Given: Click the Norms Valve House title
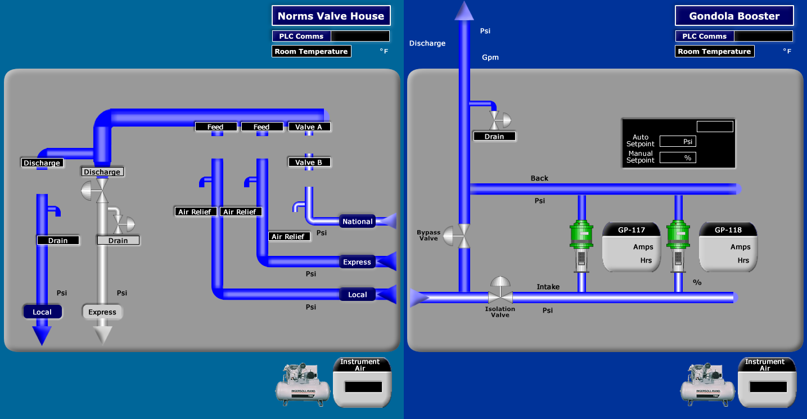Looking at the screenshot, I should (x=331, y=16).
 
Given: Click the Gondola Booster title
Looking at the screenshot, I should (x=734, y=16).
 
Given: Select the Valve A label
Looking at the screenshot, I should (x=309, y=127).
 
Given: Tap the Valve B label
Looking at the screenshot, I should (x=309, y=163).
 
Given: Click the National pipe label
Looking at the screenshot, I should (x=357, y=222).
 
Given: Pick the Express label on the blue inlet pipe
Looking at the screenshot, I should (x=357, y=262).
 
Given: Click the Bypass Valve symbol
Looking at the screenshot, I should (x=457, y=236).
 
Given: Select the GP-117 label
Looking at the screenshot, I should (x=632, y=230).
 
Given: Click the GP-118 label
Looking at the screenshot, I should (x=728, y=230).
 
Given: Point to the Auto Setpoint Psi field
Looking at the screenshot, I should (x=678, y=142).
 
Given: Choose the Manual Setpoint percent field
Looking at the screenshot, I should (x=678, y=158).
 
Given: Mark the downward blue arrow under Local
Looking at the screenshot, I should (x=42, y=335).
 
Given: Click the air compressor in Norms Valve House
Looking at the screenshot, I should (x=302, y=383).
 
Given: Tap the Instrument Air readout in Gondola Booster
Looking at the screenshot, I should (x=768, y=387).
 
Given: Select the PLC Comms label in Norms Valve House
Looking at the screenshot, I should (x=301, y=36).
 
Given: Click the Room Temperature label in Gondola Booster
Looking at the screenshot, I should (x=714, y=51).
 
